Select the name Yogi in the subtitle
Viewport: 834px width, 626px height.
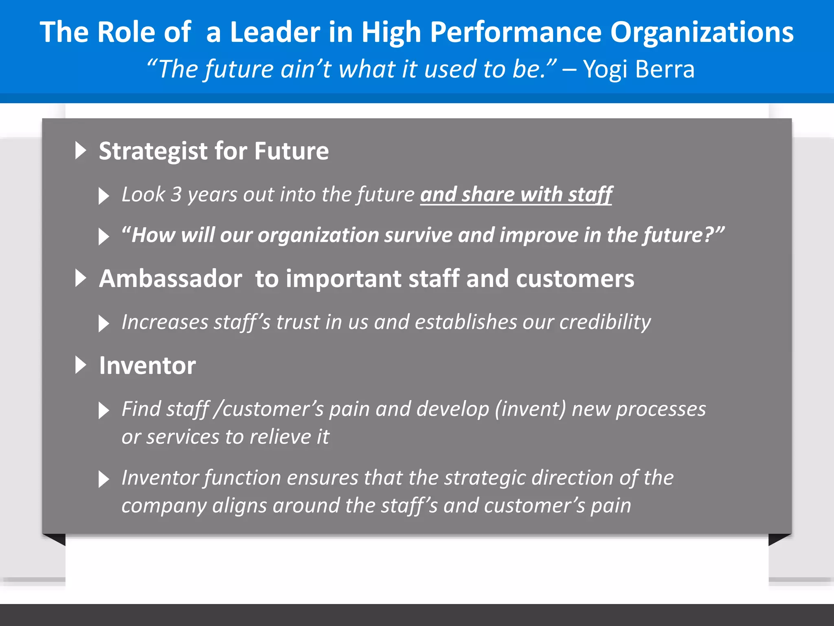coord(605,69)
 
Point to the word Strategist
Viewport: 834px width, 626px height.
coord(153,151)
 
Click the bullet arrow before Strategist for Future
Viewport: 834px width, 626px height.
coord(81,150)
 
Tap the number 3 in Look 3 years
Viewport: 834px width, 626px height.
coord(176,194)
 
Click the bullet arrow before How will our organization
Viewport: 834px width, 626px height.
coord(104,236)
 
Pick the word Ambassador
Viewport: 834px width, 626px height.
coord(171,279)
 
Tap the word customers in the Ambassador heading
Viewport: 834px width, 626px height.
coord(575,279)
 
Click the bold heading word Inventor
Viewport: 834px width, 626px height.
coord(147,366)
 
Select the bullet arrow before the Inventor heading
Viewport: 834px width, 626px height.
coord(81,365)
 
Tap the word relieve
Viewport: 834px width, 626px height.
coord(280,437)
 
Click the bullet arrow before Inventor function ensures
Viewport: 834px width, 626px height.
coord(104,479)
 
